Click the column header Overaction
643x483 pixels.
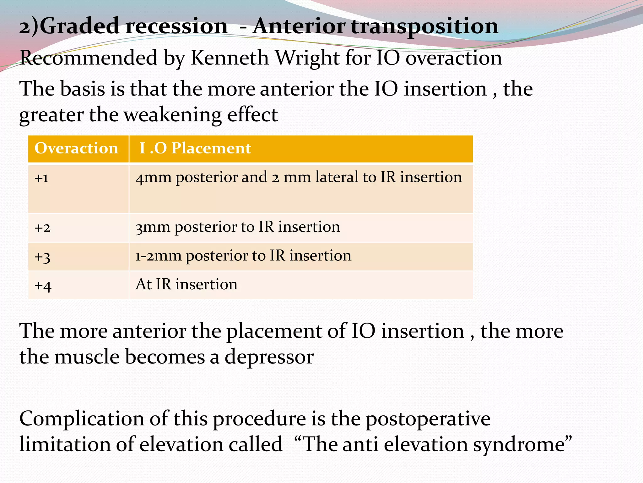(76, 148)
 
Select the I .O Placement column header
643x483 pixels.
(195, 148)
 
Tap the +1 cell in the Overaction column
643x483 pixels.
(41, 178)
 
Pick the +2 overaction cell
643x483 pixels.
(42, 227)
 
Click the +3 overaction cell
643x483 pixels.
(42, 257)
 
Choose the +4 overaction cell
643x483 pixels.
(43, 286)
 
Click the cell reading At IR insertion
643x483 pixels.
(186, 284)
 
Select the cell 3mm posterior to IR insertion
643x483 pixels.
(238, 227)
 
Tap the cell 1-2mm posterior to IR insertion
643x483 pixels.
(243, 255)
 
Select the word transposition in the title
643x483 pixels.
(424, 27)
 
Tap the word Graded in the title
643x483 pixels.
(80, 27)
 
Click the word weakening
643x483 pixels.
(173, 115)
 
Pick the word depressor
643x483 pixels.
(269, 358)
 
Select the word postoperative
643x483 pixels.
(428, 419)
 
